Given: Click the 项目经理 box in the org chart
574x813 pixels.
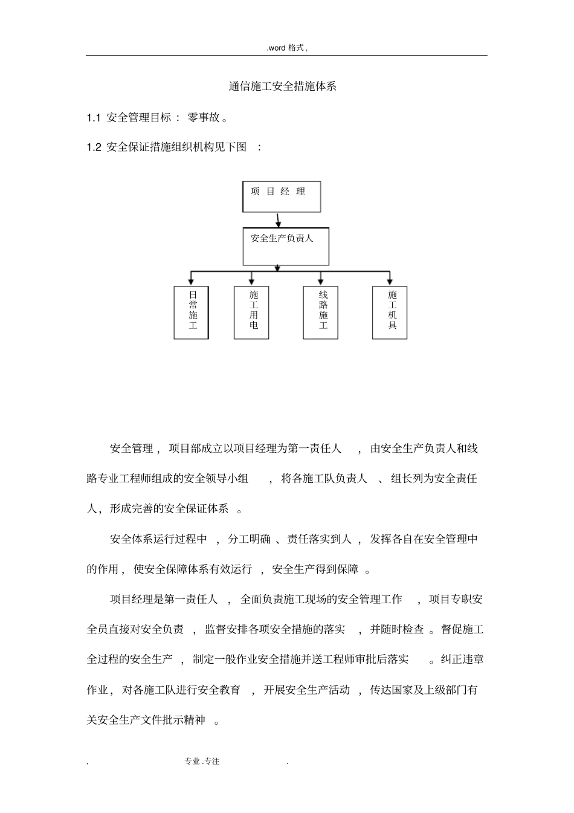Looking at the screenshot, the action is pos(281,196).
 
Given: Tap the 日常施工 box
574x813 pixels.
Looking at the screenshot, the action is pos(192,312).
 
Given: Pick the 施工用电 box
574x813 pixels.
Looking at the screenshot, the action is pos(251,312).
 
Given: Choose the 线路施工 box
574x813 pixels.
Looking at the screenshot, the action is pos(320,312).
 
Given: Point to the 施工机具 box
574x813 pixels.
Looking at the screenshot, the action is pos(390,312).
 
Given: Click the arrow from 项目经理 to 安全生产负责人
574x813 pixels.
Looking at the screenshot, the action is pos(278,219).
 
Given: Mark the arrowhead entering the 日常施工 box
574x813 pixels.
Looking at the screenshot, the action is pos(192,281).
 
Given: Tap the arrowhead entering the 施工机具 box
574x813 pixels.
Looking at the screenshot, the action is pos(390,281).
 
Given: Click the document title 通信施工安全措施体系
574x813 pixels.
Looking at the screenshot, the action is pos(282,86).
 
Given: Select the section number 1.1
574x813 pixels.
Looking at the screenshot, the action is pos(93,118).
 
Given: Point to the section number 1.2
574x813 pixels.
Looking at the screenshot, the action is pos(93,147).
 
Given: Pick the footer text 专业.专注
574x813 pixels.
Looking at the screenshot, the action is pos(202,762).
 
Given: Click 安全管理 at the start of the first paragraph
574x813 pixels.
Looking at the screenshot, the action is pos(132,449).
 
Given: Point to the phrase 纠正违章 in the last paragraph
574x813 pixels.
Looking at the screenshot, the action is pos(462,659).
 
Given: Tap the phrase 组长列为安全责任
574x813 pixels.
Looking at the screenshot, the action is pos(434,479).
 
